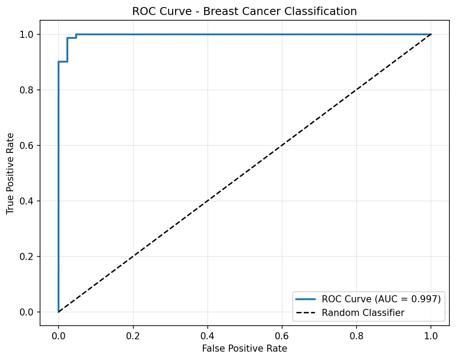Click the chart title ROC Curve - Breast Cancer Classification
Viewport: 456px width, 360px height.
tap(244, 12)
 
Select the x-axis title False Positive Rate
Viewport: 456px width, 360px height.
tap(244, 349)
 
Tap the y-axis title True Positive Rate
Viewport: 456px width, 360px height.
tap(10, 173)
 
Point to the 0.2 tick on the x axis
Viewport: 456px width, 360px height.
tap(133, 335)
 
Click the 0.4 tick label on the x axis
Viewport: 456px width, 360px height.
tap(207, 335)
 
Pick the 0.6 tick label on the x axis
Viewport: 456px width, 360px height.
tap(282, 335)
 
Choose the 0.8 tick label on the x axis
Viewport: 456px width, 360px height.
tap(357, 335)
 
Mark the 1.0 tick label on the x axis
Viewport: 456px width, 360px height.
tap(431, 335)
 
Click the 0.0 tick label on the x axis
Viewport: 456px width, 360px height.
tap(58, 335)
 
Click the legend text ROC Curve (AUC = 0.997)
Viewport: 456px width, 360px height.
tap(381, 299)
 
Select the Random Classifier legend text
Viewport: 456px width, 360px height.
tap(363, 312)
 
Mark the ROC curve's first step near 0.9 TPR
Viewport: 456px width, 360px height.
tap(63, 61)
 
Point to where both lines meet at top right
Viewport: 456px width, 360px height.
tap(431, 34)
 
